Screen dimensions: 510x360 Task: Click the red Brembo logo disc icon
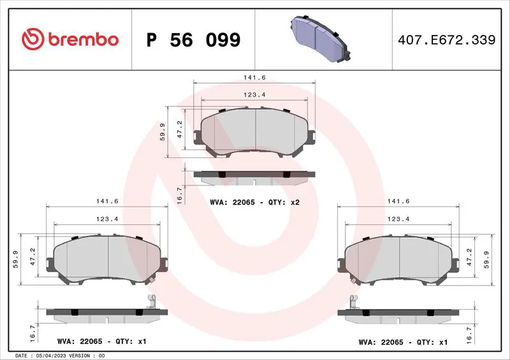point(33,39)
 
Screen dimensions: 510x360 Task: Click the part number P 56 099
point(194,40)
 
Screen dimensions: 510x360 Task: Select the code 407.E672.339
point(447,40)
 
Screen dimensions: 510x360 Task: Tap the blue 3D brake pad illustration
point(321,38)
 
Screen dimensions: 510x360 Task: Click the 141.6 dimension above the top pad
point(254,77)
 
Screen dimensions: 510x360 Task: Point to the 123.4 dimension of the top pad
point(254,95)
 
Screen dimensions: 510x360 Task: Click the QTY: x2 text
point(284,202)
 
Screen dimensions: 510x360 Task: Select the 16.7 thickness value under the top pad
point(179,195)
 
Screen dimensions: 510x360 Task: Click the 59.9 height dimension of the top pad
point(163,132)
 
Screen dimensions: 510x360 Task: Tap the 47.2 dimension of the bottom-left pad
point(33,257)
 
